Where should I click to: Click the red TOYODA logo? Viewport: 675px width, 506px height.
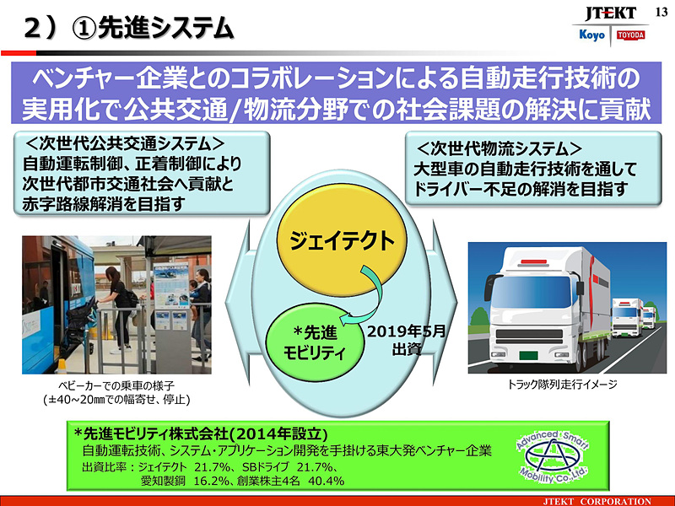(x=629, y=35)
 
